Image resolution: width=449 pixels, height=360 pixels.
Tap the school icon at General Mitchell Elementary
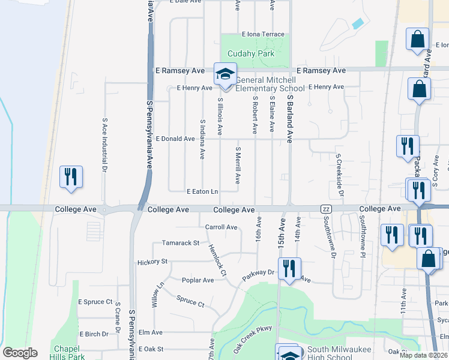pos(225,74)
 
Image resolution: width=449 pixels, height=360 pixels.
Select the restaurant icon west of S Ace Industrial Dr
pos(71,176)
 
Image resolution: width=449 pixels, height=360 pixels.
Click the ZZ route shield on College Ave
pos(326,209)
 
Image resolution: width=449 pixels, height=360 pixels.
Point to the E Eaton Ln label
pos(202,191)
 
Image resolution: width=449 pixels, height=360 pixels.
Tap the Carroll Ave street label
pos(221,227)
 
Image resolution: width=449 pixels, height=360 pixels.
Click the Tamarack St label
pos(181,243)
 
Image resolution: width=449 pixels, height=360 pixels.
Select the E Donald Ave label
pos(175,139)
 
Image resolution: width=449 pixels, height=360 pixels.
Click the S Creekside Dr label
pos(340,175)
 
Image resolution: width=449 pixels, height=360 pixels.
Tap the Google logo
pos(20,353)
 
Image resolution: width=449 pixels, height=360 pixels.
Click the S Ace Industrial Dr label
pos(104,146)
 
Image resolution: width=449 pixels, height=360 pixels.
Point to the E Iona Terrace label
pos(263,34)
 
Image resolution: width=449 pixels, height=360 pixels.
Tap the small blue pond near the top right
pos(358,24)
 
